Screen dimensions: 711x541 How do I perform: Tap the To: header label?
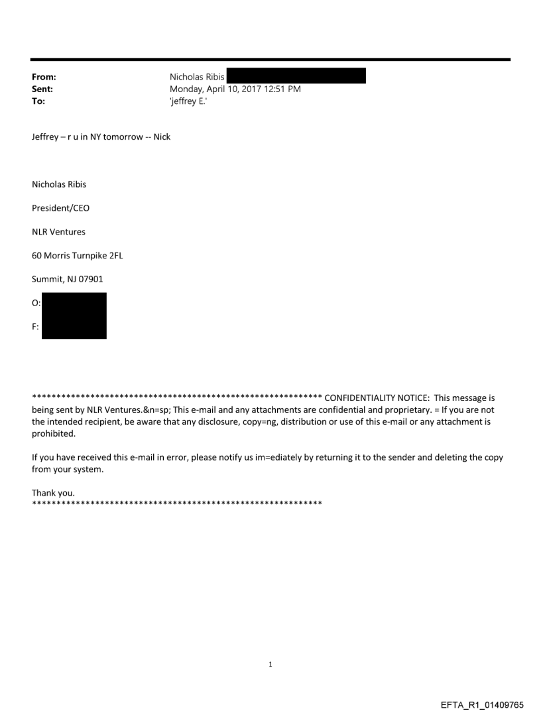[38, 101]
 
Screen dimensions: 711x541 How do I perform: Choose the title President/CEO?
[60, 208]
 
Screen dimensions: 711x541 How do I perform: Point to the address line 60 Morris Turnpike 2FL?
[77, 256]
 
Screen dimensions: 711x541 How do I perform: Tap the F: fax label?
[36, 327]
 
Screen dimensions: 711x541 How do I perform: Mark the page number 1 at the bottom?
[270, 664]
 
